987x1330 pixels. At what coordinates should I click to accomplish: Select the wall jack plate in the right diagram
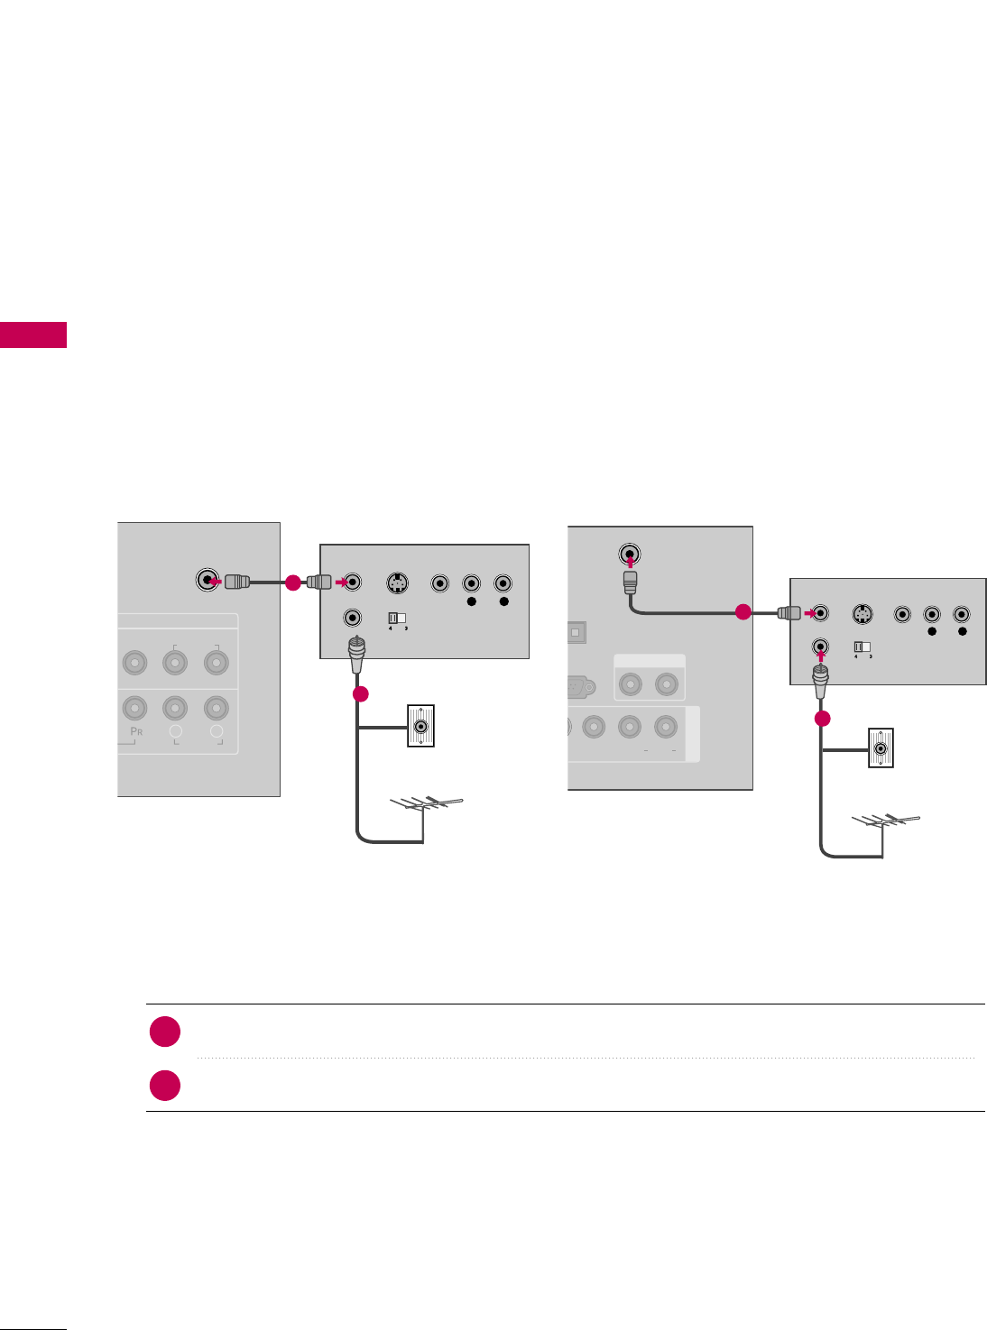(881, 747)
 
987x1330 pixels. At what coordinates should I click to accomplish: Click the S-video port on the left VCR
(397, 583)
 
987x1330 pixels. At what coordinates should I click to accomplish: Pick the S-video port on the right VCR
(863, 615)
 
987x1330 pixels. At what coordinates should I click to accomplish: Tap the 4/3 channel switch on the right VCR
(862, 647)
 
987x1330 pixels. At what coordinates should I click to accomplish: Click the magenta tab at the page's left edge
(33, 335)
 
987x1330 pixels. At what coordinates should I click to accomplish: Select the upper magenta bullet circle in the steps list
(165, 1032)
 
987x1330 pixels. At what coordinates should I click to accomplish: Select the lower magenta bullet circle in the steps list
(165, 1086)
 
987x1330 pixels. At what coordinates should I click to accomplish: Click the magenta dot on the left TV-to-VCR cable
(292, 582)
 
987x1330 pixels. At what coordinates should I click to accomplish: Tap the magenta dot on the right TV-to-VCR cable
(743, 612)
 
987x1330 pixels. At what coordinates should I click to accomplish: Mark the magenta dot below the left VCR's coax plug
(360, 694)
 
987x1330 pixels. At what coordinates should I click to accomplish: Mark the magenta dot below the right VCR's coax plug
(822, 719)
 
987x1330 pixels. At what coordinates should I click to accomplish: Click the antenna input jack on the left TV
(208, 581)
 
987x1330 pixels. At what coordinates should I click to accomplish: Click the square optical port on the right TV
(576, 632)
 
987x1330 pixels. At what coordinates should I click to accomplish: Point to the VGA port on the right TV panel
(577, 688)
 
